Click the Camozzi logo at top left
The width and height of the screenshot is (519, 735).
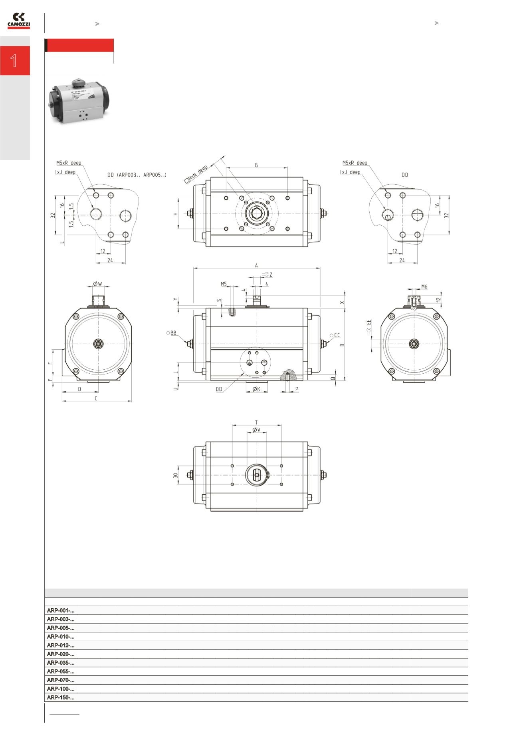point(19,21)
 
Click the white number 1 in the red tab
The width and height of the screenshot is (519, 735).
point(14,61)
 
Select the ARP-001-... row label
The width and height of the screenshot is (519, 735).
point(61,610)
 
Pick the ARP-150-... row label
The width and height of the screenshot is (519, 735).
point(61,697)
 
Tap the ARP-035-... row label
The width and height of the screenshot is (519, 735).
point(61,663)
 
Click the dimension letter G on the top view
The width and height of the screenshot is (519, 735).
point(256,165)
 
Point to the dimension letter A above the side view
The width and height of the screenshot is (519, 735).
point(256,265)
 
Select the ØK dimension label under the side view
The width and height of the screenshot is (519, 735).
point(256,389)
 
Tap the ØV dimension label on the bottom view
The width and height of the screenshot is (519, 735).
point(256,430)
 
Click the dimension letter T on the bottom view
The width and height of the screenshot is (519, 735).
point(256,422)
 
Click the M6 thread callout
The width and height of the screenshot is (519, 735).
point(424,287)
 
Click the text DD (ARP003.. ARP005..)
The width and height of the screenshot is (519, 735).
point(137,175)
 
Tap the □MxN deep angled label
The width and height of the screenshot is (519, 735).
point(196,175)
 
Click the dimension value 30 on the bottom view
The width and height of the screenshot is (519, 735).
point(175,475)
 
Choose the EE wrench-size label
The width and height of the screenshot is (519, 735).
point(369,322)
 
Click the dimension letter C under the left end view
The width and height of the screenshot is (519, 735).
point(96,398)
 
